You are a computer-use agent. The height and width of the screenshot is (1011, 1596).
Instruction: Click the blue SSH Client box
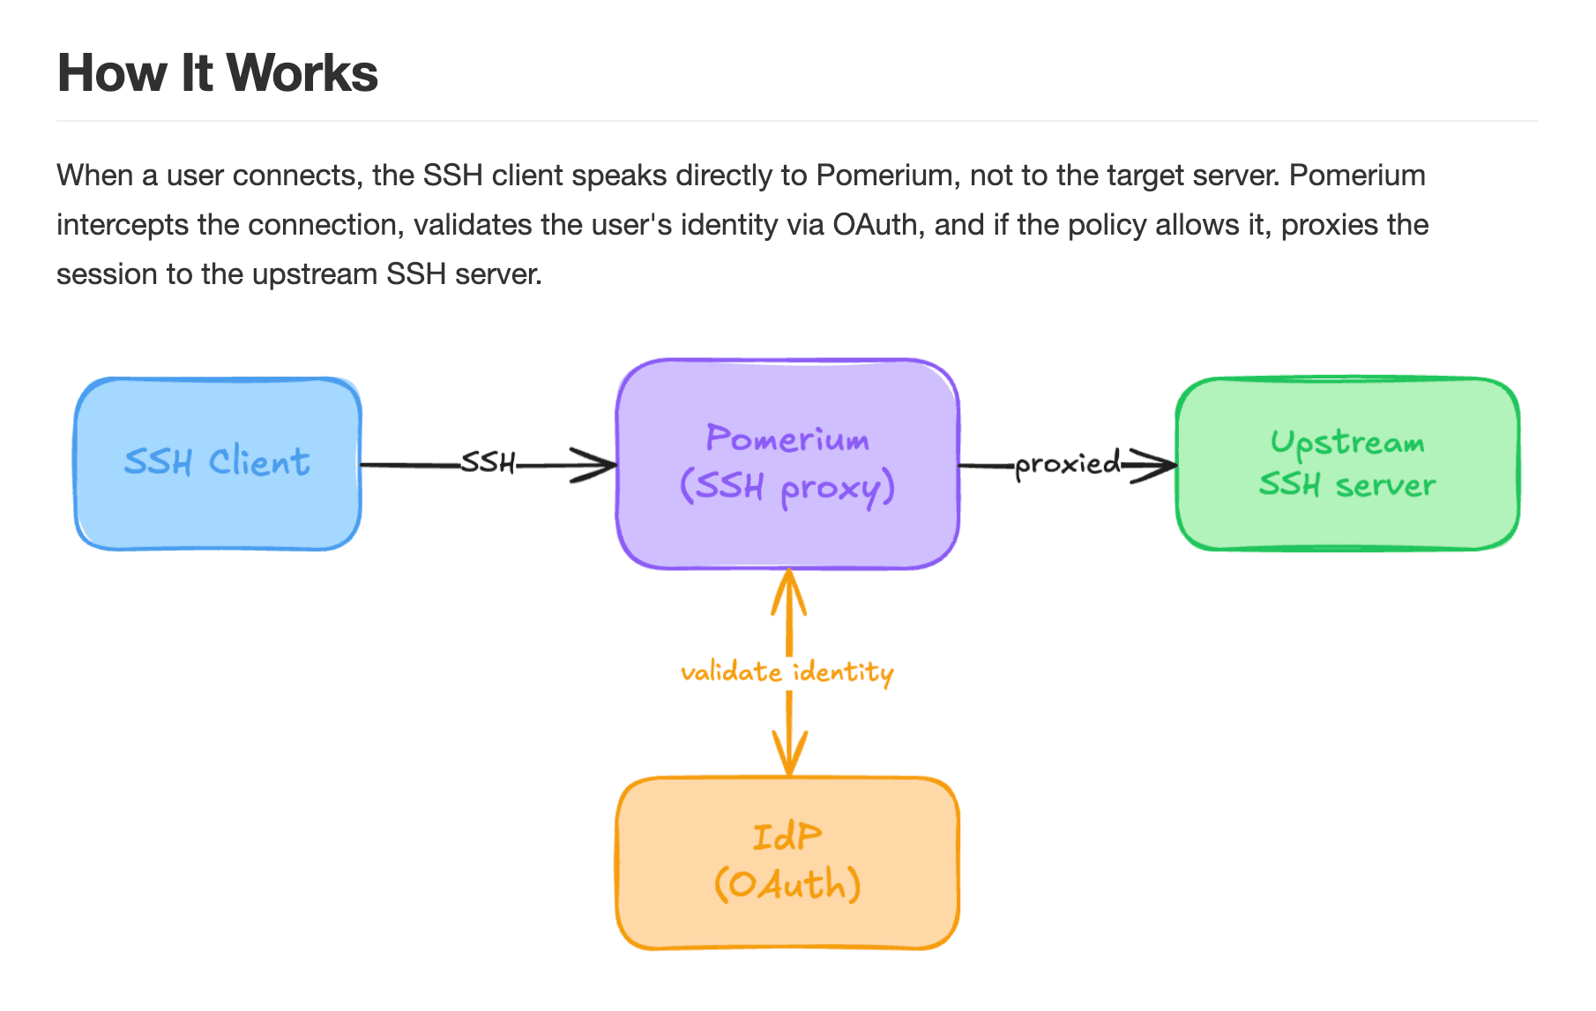pyautogui.click(x=218, y=464)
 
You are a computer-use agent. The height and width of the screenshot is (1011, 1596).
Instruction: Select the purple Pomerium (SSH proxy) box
pyautogui.click(x=787, y=464)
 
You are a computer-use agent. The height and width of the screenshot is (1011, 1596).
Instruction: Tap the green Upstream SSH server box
pyautogui.click(x=1348, y=464)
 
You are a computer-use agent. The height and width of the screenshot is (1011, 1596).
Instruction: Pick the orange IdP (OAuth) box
pyautogui.click(x=787, y=863)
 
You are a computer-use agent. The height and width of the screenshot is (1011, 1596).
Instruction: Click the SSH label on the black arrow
pyautogui.click(x=488, y=462)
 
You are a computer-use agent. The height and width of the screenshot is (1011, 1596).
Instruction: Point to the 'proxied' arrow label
pyautogui.click(x=1067, y=463)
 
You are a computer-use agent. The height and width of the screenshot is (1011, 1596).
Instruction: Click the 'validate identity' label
pyautogui.click(x=787, y=672)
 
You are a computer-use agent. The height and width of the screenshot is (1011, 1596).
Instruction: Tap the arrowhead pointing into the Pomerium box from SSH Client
pyautogui.click(x=593, y=465)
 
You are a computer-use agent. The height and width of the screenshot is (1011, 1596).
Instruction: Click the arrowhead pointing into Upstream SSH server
pyautogui.click(x=1152, y=465)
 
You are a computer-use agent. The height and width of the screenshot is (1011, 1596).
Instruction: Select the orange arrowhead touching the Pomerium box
pyautogui.click(x=789, y=592)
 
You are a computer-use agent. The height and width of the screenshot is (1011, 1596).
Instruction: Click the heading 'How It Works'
pyautogui.click(x=218, y=72)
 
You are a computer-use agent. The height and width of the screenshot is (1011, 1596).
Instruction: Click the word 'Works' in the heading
pyautogui.click(x=302, y=72)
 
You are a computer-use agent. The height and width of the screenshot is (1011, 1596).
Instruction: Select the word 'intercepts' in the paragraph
pyautogui.click(x=123, y=225)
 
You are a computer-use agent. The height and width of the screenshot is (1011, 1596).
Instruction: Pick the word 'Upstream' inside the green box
pyautogui.click(x=1347, y=442)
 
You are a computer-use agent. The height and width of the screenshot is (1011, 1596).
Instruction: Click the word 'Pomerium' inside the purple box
pyautogui.click(x=787, y=438)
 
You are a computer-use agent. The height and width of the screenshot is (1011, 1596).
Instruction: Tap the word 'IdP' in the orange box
pyautogui.click(x=787, y=836)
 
